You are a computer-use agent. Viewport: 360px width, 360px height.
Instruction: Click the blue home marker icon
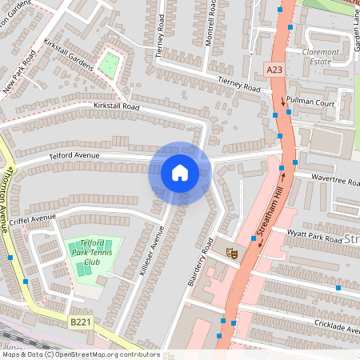[180, 173]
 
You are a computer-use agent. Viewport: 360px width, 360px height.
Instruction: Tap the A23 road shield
[274, 70]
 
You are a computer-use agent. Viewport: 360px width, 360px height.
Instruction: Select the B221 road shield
[78, 322]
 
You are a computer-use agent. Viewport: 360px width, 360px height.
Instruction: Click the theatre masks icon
[233, 253]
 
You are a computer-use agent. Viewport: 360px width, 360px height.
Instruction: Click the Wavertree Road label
[334, 179]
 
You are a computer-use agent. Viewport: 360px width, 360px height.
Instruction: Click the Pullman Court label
[311, 103]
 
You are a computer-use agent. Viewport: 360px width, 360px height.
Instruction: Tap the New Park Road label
[19, 72]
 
